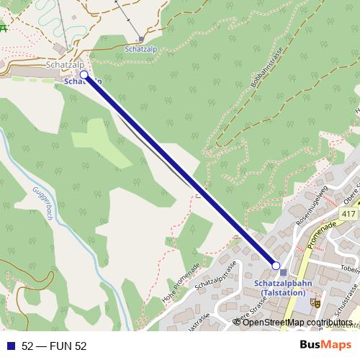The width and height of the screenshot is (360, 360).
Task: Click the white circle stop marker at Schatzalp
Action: (x=84, y=74)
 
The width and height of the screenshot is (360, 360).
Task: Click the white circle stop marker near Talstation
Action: (x=275, y=266)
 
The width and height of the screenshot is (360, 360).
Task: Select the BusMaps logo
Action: (x=321, y=346)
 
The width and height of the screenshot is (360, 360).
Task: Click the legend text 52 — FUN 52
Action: (x=54, y=346)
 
